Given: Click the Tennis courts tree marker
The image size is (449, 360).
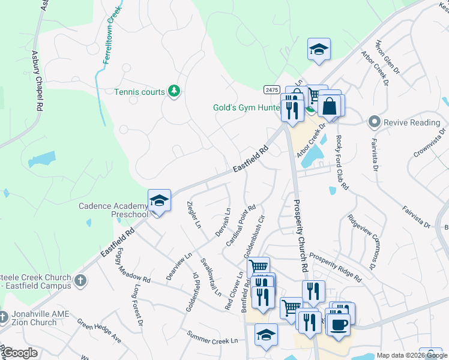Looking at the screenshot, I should (x=175, y=92).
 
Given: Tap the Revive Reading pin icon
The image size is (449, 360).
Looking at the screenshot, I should (x=375, y=122).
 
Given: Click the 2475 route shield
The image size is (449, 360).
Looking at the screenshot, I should (x=271, y=89).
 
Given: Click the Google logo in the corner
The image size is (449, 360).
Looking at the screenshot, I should (x=20, y=353).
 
